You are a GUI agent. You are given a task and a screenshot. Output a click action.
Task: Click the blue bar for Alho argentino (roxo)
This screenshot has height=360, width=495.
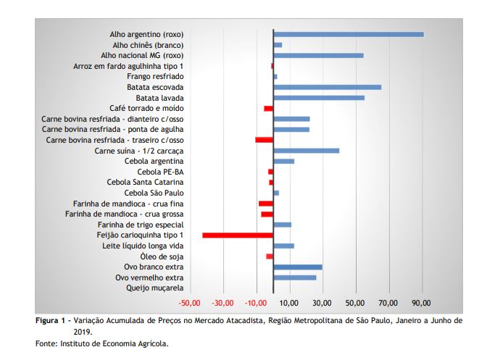[348, 34]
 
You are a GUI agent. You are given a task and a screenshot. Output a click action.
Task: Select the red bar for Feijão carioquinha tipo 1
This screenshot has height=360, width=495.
[238, 235]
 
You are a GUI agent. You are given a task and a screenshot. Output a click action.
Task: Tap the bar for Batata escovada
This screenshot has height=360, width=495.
[327, 87]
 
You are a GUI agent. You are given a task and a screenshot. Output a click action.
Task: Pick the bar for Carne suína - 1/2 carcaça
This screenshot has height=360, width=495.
[306, 151]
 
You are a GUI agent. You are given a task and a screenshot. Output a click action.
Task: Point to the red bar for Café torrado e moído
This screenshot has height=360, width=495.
[268, 108]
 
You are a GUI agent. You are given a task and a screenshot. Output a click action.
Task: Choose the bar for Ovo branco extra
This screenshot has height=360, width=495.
[297, 267]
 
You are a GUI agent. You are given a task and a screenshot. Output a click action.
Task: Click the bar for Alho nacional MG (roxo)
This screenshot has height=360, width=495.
[318, 55]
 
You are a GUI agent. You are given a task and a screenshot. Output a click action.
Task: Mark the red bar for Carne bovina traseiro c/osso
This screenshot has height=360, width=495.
[264, 140]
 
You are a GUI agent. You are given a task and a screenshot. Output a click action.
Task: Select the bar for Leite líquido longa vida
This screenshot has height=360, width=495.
[283, 246]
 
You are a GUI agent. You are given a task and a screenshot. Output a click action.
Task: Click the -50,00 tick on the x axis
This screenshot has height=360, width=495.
[189, 303]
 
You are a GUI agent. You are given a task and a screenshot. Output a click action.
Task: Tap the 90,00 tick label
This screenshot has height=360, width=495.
[421, 303]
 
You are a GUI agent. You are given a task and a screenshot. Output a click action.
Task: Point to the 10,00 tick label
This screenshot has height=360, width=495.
[288, 303]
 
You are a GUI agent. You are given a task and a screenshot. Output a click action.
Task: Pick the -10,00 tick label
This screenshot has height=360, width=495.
[255, 303]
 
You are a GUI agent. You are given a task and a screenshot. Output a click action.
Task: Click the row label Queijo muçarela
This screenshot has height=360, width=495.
[155, 288]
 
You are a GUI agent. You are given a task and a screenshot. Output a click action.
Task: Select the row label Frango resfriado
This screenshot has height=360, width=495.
[155, 76]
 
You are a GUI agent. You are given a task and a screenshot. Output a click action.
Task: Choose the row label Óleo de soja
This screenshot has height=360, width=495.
[162, 256]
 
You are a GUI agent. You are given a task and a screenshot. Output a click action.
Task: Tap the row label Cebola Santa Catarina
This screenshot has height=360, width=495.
[145, 183]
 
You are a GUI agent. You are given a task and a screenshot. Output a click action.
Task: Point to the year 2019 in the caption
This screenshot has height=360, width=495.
[82, 330]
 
